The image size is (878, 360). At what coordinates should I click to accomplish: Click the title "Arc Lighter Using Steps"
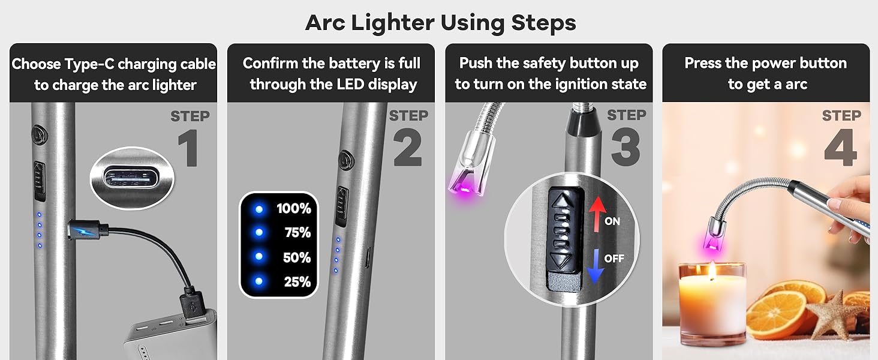[440, 23]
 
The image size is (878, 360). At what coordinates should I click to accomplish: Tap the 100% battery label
[293, 209]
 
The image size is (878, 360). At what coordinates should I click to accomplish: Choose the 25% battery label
[297, 281]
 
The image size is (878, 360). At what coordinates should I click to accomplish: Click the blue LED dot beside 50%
[259, 257]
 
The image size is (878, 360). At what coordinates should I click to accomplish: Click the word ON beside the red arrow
[612, 221]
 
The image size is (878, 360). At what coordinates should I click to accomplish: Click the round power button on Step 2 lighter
[345, 161]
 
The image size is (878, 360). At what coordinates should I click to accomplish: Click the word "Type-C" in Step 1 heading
[97, 64]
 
